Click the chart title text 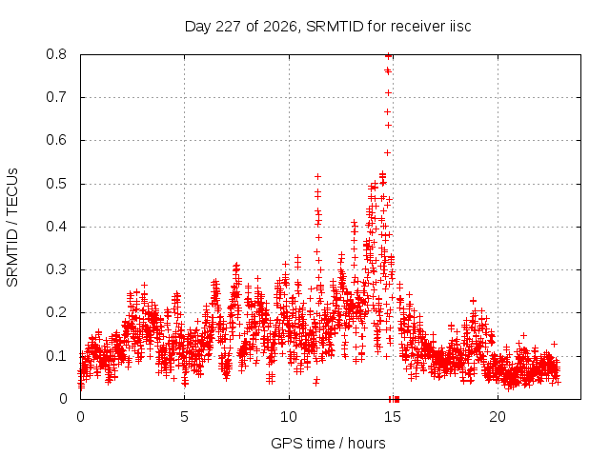pyautogui.click(x=328, y=27)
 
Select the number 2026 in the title pyautogui.click(x=280, y=27)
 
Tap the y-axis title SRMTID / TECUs pyautogui.click(x=12, y=228)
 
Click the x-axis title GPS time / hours pyautogui.click(x=328, y=443)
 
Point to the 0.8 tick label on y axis pyautogui.click(x=56, y=54)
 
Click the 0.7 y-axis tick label pyautogui.click(x=56, y=97)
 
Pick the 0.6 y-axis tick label pyautogui.click(x=56, y=140)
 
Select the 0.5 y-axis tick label pyautogui.click(x=56, y=184)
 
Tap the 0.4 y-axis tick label pyautogui.click(x=56, y=227)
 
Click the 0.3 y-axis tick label pyautogui.click(x=56, y=269)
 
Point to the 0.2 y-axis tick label pyautogui.click(x=56, y=312)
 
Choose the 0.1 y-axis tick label pyautogui.click(x=56, y=355)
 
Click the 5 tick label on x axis pyautogui.click(x=184, y=417)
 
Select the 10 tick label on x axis pyautogui.click(x=288, y=417)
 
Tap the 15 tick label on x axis pyautogui.click(x=393, y=417)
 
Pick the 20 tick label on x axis pyautogui.click(x=498, y=417)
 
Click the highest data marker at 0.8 pyautogui.click(x=388, y=55)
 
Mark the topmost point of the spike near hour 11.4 pyautogui.click(x=317, y=177)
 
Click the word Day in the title pyautogui.click(x=197, y=27)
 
